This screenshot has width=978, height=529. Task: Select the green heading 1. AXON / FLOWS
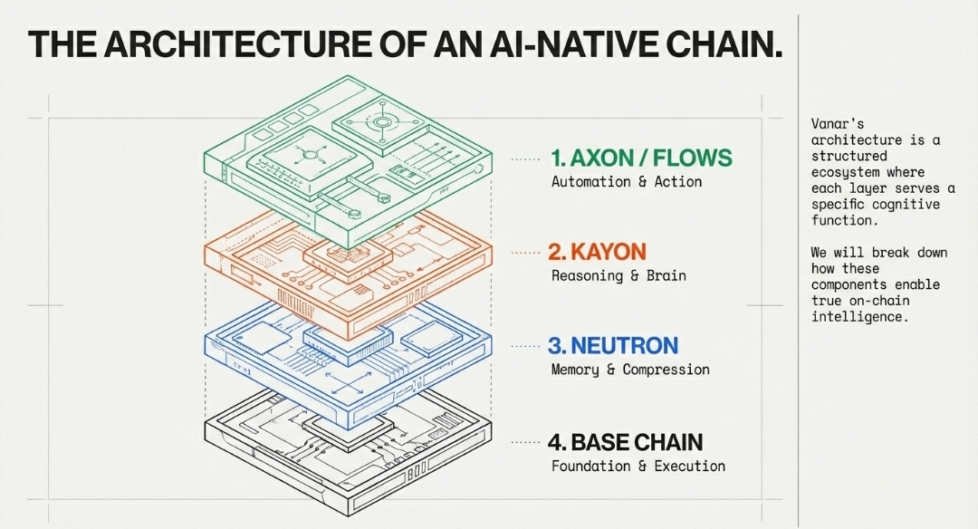[641, 159]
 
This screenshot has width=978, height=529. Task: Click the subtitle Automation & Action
[627, 182]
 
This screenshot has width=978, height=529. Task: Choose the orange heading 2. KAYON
[597, 252]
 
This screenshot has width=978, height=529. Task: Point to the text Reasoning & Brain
[618, 275]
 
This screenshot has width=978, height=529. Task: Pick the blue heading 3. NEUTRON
[612, 346]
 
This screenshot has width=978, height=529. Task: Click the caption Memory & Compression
[630, 370]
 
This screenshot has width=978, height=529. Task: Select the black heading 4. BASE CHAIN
[625, 443]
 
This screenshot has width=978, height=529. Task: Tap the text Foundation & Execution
[638, 466]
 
